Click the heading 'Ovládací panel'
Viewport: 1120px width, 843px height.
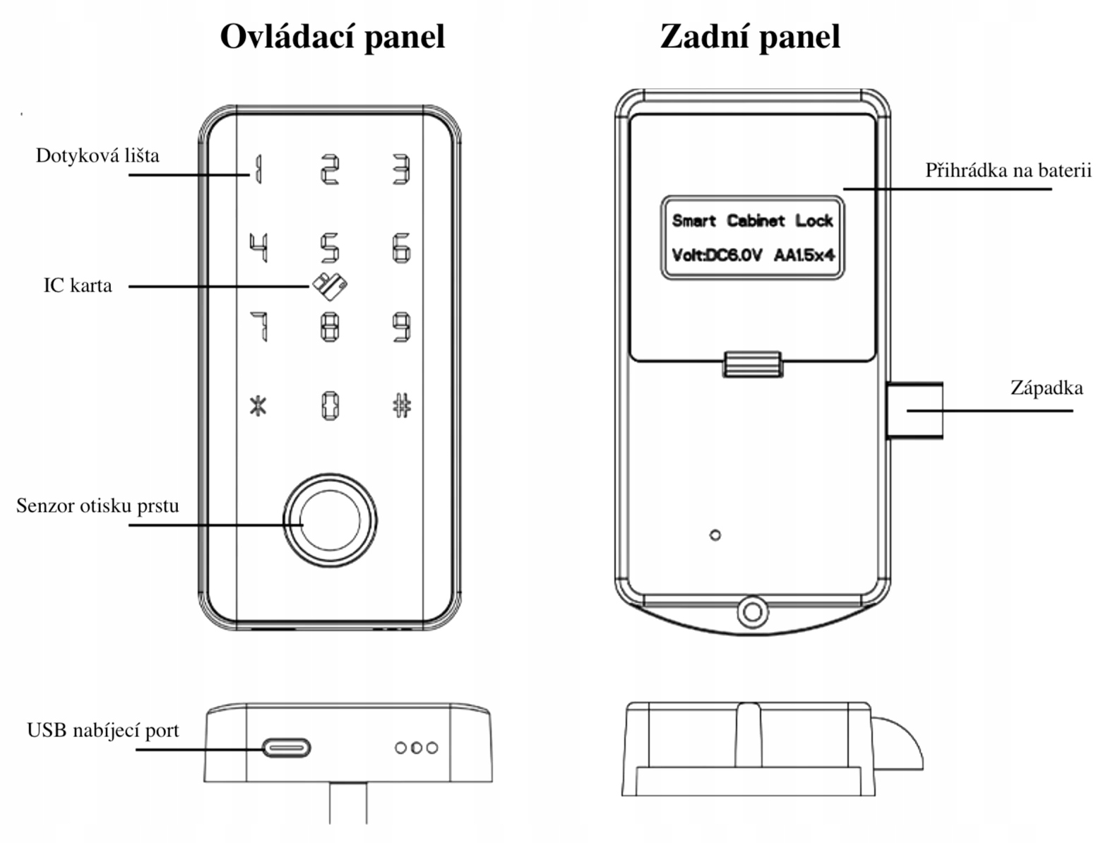click(332, 37)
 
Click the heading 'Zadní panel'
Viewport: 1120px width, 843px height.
click(750, 37)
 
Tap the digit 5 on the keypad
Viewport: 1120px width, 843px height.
click(330, 249)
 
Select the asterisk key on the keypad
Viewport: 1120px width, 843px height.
click(258, 407)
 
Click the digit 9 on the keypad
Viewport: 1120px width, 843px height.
click(402, 328)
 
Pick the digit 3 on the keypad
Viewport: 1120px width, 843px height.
click(402, 169)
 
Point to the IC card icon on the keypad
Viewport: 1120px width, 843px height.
click(330, 286)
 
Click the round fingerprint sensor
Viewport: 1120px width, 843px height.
click(330, 520)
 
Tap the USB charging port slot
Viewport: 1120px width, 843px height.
click(286, 748)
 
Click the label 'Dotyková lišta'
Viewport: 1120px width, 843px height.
click(97, 155)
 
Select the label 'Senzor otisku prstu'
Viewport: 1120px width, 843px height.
click(97, 506)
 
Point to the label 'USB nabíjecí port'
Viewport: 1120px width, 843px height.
click(103, 731)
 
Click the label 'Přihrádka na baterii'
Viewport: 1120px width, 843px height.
click(1008, 170)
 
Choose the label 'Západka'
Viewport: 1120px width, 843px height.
click(1047, 388)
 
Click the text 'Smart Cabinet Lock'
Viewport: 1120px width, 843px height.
click(753, 221)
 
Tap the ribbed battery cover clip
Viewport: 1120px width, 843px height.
click(753, 364)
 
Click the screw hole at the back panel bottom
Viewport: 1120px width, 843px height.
click(753, 611)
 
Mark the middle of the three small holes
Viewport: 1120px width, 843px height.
click(417, 748)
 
